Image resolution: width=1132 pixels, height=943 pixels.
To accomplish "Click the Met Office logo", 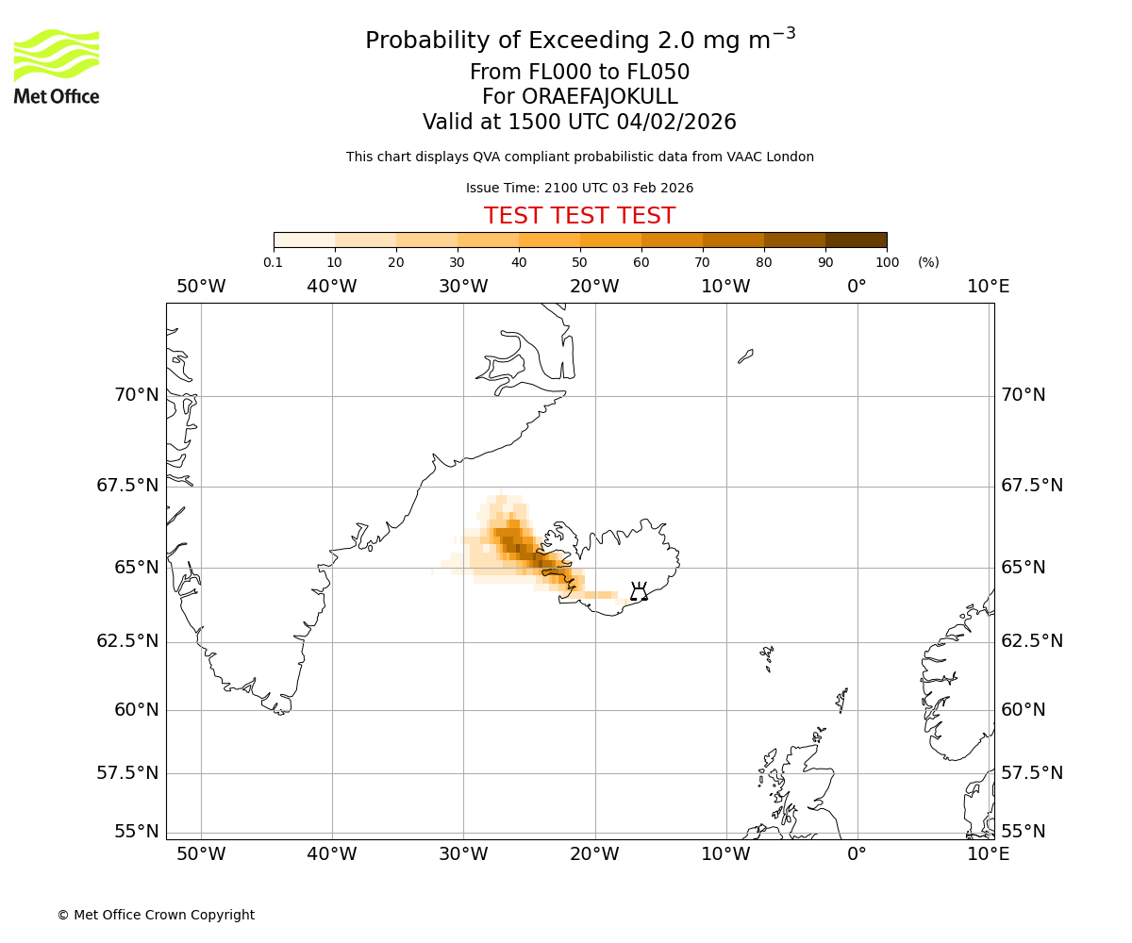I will pos(57,66).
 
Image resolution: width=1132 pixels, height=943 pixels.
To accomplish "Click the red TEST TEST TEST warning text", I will pos(579,216).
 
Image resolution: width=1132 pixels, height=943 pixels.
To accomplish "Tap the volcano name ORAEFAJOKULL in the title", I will pos(579,97).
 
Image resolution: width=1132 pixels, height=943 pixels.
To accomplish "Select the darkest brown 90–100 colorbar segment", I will pos(856,240).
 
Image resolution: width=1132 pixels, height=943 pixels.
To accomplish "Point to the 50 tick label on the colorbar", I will pos(579,262).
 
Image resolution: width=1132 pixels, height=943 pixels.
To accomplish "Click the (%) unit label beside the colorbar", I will pos(928,262).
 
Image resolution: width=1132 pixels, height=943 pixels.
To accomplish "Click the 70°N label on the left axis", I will pos(137,395).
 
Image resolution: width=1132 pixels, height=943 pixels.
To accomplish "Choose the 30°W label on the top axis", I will pos(463,287).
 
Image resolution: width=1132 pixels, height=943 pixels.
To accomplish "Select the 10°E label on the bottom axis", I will pos(988,854).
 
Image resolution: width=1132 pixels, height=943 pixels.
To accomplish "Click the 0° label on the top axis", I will pos(857,287).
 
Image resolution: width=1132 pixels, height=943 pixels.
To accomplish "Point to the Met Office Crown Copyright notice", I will pos(156,915).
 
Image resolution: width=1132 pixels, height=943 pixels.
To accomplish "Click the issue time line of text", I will pos(579,188).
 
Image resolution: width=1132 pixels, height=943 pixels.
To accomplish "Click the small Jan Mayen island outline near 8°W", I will pos(745,356).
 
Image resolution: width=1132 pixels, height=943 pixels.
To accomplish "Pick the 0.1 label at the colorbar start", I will pos(274,262).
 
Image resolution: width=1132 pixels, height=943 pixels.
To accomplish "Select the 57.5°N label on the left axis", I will pos(129,773).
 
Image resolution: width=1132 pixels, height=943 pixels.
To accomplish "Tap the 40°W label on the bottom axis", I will pos(332,854).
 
